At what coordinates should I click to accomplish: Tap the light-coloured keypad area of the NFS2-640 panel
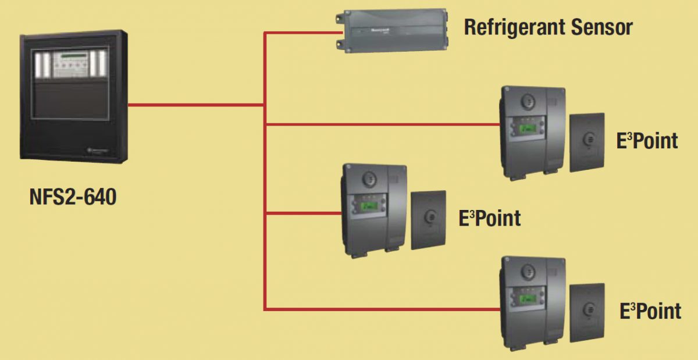click(x=71, y=64)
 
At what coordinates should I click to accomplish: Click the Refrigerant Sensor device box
click(x=393, y=30)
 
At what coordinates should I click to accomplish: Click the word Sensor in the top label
click(x=603, y=27)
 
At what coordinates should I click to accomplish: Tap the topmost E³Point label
click(x=647, y=141)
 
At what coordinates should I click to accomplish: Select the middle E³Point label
click(x=489, y=218)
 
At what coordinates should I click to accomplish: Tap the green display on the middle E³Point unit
click(x=369, y=205)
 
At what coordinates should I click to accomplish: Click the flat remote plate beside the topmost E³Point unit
click(x=586, y=142)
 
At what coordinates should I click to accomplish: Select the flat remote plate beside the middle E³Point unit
click(x=428, y=220)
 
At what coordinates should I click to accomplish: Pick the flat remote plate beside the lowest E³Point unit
click(x=586, y=313)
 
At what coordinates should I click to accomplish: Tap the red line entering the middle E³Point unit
click(x=302, y=213)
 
